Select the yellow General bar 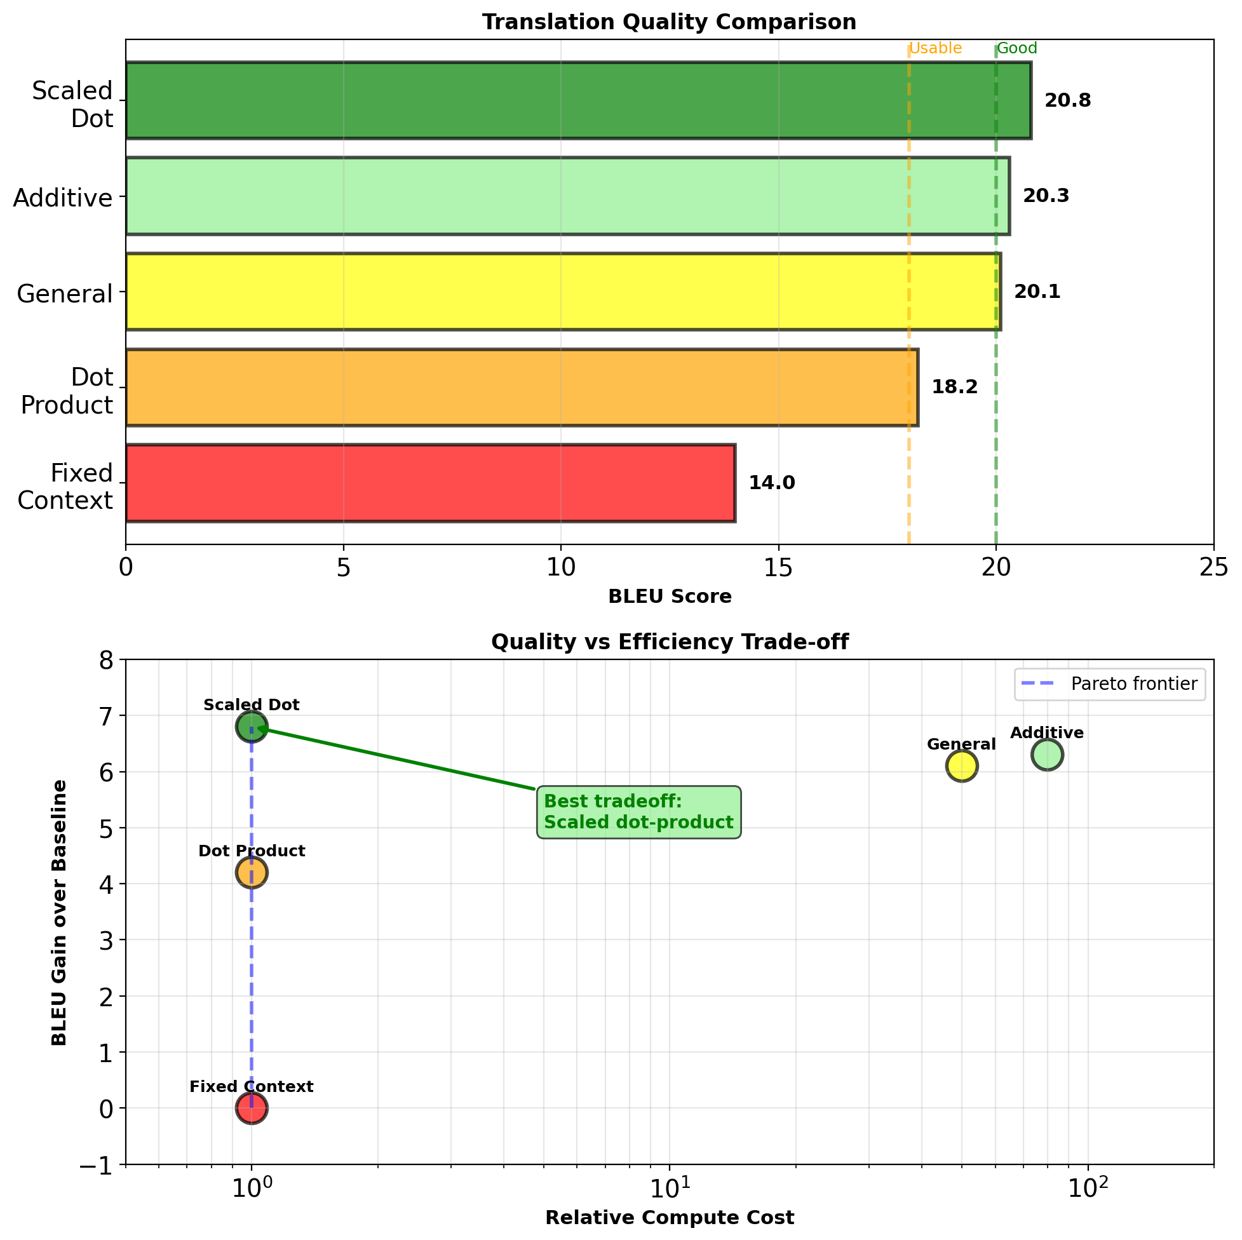point(562,292)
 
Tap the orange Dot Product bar point(521,387)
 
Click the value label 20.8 point(1067,101)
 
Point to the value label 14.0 point(771,483)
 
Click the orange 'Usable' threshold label point(935,49)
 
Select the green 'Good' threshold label point(1017,49)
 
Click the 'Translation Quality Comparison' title point(669,22)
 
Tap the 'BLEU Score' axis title point(669,597)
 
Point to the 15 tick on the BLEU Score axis point(778,569)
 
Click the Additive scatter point point(1046,755)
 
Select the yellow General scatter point point(961,766)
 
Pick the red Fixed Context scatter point point(252,1109)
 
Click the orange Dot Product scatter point point(252,872)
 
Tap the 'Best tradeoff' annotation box point(638,812)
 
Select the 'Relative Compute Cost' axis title point(669,1218)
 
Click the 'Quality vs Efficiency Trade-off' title point(669,642)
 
